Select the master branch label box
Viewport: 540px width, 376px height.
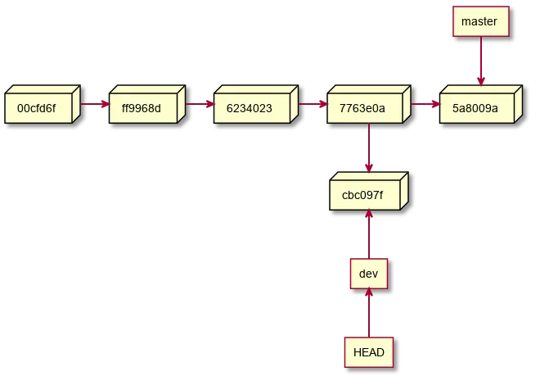tap(480, 21)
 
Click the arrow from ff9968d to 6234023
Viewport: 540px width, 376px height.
tap(199, 105)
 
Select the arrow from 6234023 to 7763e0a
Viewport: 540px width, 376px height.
tap(309, 105)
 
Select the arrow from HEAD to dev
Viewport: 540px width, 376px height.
tap(370, 313)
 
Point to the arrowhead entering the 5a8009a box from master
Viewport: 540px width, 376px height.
tap(480, 80)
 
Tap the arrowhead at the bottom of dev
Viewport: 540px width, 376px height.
tap(370, 293)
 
